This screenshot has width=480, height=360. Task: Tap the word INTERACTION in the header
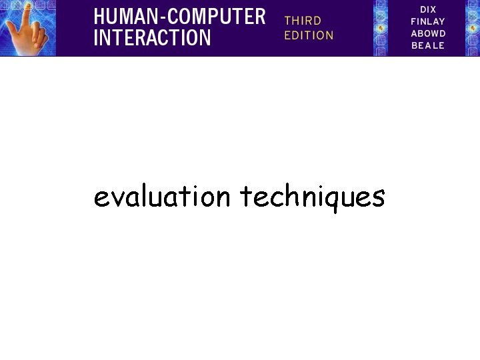(152, 38)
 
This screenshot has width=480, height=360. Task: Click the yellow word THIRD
(303, 21)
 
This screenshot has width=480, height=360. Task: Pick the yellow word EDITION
(309, 35)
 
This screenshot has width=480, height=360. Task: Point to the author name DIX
(428, 9)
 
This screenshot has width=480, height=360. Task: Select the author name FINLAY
(428, 21)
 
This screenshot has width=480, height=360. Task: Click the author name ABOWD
(428, 33)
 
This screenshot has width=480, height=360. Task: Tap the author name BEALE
(428, 45)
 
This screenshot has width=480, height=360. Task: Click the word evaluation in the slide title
(162, 197)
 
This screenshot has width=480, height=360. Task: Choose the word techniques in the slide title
(312, 197)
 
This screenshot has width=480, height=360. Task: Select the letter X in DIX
(434, 9)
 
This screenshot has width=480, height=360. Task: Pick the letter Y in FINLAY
(441, 21)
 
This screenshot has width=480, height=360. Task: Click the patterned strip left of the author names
(381, 28)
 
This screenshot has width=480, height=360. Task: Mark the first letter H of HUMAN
(99, 15)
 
